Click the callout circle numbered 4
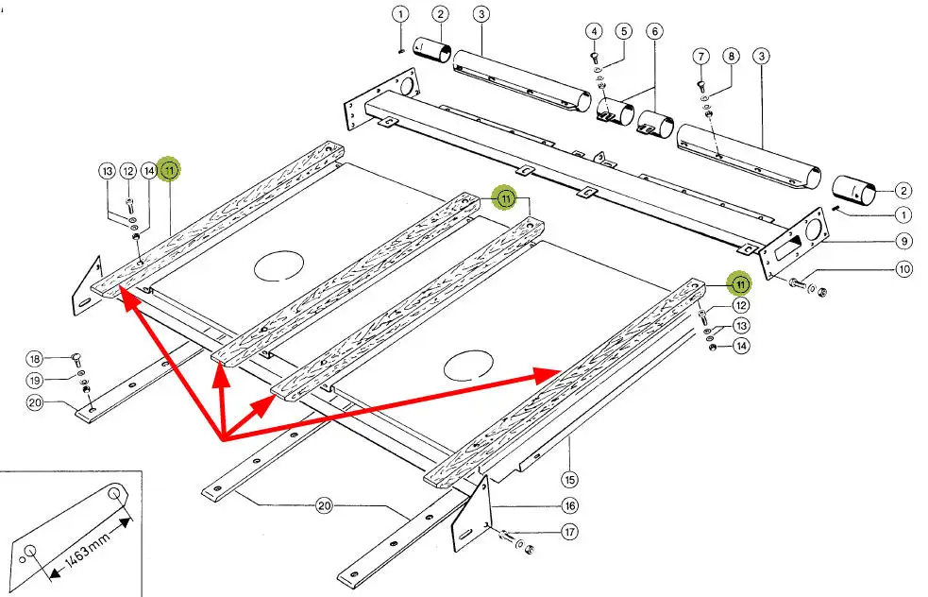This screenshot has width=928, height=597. [x=594, y=31]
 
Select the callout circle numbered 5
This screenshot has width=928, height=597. [x=624, y=31]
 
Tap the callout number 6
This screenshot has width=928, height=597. [x=654, y=31]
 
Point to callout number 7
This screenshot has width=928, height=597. [x=700, y=57]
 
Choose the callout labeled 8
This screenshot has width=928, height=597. [x=732, y=57]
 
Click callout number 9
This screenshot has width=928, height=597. [x=903, y=241]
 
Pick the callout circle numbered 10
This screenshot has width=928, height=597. [x=904, y=269]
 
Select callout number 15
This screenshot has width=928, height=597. [x=570, y=479]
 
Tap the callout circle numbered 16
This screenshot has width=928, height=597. [x=570, y=505]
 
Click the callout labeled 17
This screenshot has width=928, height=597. [x=570, y=532]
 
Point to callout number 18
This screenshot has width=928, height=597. [x=35, y=359]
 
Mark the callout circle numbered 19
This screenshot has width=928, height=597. [x=35, y=381]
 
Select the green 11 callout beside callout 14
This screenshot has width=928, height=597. [x=170, y=171]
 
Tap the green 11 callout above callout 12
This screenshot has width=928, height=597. [x=740, y=284]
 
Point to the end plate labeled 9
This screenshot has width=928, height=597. [x=794, y=244]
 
